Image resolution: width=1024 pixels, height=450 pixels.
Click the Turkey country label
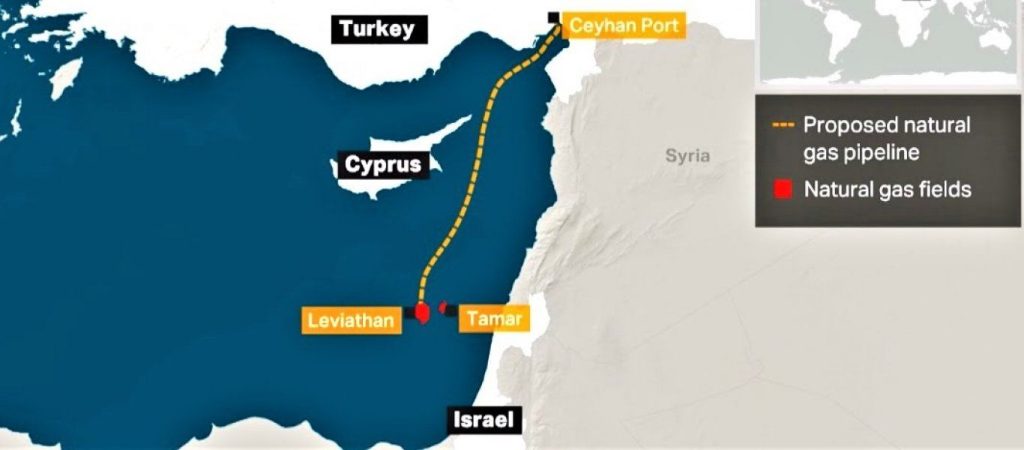(x=376, y=29)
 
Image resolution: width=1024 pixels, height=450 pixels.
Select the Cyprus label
(x=383, y=164)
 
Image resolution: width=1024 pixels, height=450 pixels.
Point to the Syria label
(x=687, y=156)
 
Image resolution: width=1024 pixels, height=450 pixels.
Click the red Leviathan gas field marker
(x=422, y=314)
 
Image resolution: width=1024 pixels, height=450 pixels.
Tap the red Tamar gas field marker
(x=443, y=308)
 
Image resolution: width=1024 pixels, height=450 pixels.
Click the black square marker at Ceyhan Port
(x=554, y=17)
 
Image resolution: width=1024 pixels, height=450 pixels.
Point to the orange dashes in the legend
(x=783, y=126)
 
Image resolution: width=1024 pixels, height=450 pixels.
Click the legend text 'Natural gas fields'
(x=887, y=189)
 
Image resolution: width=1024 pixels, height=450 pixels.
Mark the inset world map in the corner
(x=891, y=40)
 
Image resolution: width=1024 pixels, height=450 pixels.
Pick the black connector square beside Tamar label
(x=452, y=311)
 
